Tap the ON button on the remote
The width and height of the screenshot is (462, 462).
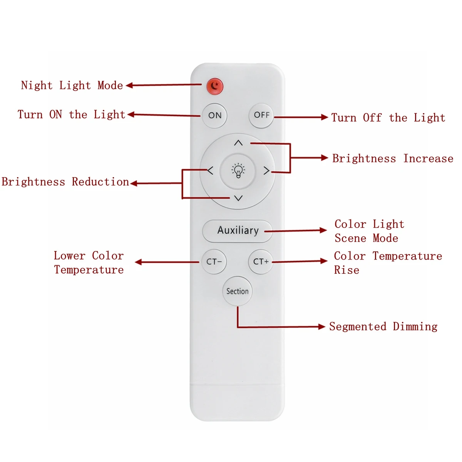(x=214, y=115)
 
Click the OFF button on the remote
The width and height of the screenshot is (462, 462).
(x=261, y=115)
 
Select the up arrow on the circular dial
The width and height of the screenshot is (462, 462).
(x=238, y=143)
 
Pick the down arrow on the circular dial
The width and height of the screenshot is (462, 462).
(x=238, y=198)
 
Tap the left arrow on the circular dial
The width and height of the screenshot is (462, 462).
(x=210, y=171)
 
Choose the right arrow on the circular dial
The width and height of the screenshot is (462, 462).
(x=266, y=171)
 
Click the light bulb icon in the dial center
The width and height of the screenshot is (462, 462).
(x=238, y=171)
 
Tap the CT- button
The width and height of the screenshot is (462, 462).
(x=214, y=261)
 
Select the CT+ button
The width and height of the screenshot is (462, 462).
(x=261, y=261)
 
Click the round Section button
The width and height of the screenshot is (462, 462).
(x=238, y=291)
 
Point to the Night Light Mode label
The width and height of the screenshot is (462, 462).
(x=72, y=85)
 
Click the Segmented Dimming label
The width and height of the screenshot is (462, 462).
(x=383, y=327)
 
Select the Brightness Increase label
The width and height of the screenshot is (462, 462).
(x=393, y=159)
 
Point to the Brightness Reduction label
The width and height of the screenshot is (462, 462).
(x=65, y=182)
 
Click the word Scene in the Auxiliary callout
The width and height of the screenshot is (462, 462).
(x=350, y=238)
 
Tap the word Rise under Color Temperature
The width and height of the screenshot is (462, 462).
(x=346, y=270)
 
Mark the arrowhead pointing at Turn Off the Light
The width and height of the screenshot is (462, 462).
(x=325, y=117)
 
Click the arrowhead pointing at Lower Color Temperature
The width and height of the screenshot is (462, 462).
(x=138, y=262)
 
